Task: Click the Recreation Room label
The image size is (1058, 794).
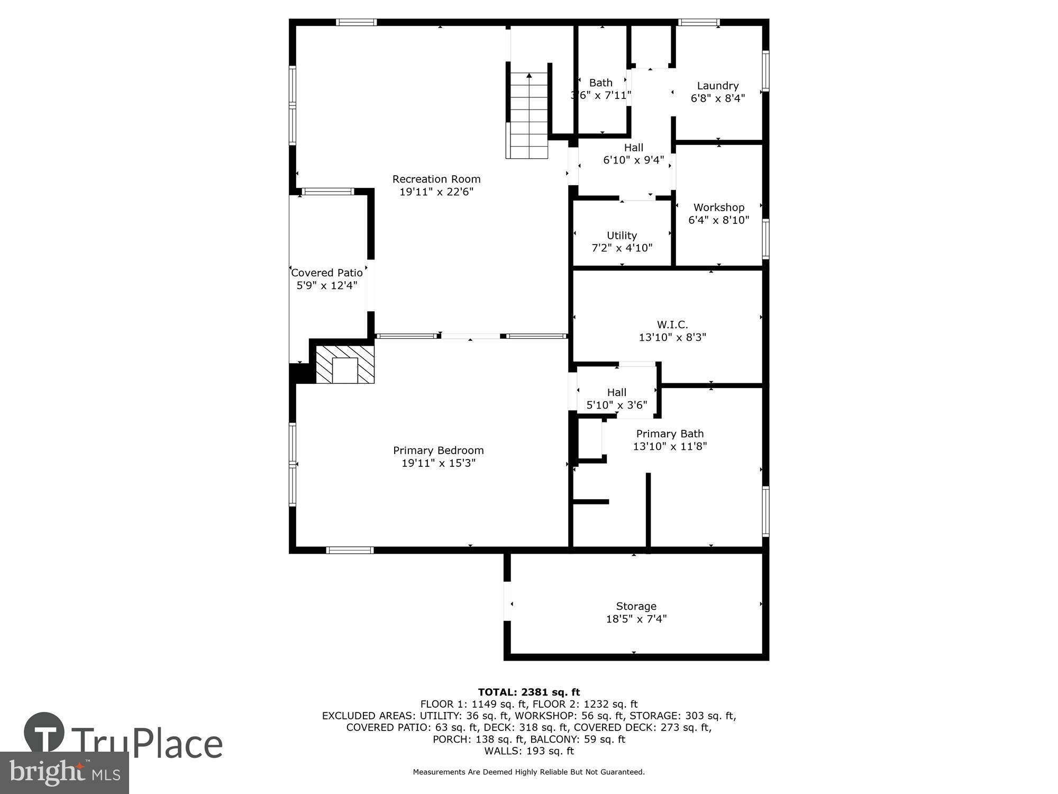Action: pos(436,179)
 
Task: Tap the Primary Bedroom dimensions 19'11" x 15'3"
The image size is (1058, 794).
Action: pos(438,463)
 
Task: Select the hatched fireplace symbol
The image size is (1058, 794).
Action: pos(345,364)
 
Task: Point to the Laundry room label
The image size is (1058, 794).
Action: pos(717,86)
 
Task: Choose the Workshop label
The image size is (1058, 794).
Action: pos(718,207)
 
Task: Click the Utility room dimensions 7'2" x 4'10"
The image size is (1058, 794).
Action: pos(622,248)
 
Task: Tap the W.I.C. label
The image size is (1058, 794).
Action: pos(672,324)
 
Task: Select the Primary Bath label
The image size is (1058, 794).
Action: pos(670,434)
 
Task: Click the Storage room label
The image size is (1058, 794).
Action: pos(636,606)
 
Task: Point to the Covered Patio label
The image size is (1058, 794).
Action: pos(327,273)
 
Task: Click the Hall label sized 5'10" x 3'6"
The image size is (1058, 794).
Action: pos(616,392)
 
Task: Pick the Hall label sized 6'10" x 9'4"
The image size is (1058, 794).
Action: pos(633,148)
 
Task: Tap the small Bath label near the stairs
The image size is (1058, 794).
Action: pos(600,83)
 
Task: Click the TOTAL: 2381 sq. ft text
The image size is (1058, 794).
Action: pos(528,692)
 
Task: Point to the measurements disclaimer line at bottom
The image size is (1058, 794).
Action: pos(528,772)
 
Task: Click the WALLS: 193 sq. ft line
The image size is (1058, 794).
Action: pos(528,751)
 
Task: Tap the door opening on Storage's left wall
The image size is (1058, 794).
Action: pos(507,601)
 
